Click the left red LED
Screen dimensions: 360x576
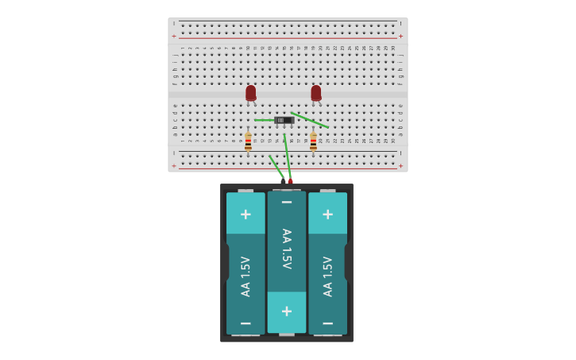coord(251,93)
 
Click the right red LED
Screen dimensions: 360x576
coord(316,93)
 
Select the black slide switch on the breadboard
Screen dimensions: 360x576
coord(284,120)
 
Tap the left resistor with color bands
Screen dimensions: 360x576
coord(248,142)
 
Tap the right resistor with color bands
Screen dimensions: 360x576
coord(313,142)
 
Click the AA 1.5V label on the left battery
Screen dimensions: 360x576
coord(245,277)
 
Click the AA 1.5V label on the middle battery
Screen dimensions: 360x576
coord(287,249)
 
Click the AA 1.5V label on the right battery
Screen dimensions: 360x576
coord(328,277)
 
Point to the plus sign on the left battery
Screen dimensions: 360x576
coord(245,214)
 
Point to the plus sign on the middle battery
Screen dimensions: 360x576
coord(287,312)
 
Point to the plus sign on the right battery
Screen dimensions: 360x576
coord(328,214)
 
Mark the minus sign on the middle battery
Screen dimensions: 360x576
coord(287,203)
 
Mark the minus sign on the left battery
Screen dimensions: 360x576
coord(245,323)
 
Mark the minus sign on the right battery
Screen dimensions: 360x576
coord(328,323)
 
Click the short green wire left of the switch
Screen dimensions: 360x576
coord(264,120)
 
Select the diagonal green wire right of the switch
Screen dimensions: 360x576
coord(311,120)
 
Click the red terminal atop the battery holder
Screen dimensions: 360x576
coord(291,181)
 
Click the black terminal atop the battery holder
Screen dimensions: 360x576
coord(283,181)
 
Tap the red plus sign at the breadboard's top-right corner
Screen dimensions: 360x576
coord(400,36)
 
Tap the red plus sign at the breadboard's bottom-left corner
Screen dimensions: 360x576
coord(174,165)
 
